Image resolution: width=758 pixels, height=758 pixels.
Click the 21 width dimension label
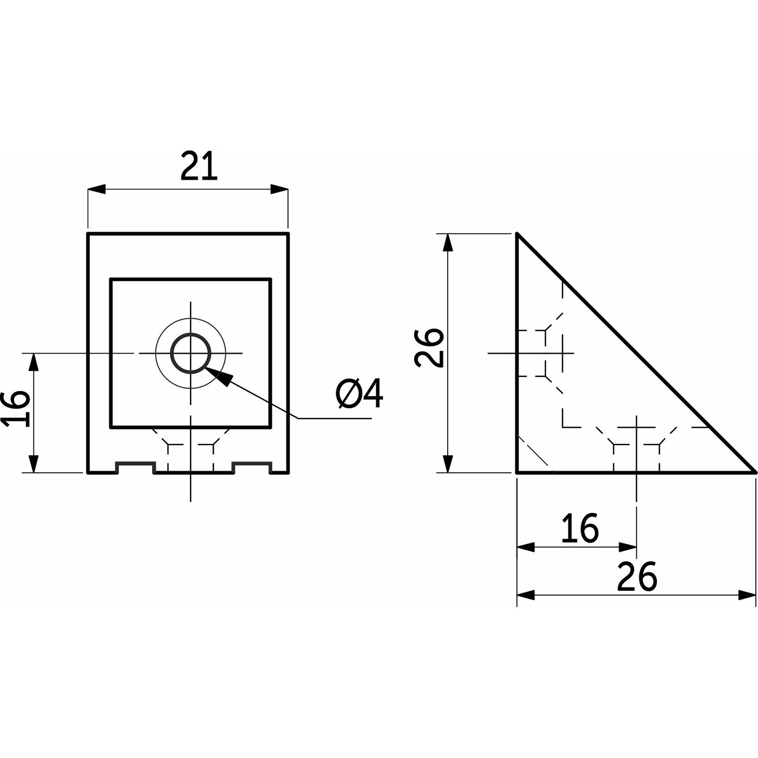[x=199, y=166]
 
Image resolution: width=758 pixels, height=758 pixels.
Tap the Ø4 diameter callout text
[x=359, y=394]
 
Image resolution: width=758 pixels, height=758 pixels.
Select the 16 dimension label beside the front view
[x=16, y=409]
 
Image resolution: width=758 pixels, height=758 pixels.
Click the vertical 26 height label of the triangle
[x=429, y=348]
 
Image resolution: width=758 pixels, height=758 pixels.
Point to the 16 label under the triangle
[x=580, y=528]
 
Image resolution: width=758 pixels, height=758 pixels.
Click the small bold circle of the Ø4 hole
[x=191, y=353]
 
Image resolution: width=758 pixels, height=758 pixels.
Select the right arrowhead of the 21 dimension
[x=279, y=189]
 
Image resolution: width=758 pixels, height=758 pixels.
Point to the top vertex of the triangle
[x=517, y=234]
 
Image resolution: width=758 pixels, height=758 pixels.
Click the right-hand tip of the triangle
[x=754, y=472]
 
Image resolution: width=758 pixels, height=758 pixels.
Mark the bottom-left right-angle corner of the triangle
[x=517, y=472]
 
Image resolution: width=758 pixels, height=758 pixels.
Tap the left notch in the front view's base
[x=135, y=467]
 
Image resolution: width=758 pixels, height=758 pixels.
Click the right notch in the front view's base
[x=252, y=467]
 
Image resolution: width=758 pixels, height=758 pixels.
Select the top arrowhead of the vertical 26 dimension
[x=448, y=243]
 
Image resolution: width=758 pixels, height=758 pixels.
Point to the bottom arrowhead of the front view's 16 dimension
[x=34, y=463]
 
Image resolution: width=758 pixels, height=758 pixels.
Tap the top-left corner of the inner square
[x=112, y=279]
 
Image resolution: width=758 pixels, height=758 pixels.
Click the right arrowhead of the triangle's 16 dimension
[x=628, y=547]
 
